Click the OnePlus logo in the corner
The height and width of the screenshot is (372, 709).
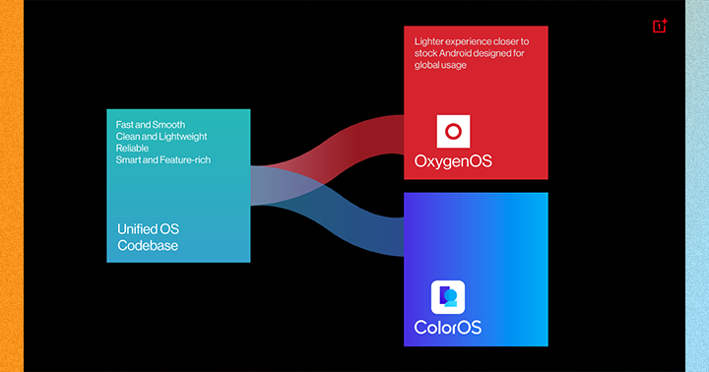pyautogui.click(x=660, y=26)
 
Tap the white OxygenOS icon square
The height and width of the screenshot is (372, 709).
pyautogui.click(x=453, y=131)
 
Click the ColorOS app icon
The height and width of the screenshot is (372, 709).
pyautogui.click(x=448, y=297)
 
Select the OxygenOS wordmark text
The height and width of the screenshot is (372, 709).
pyautogui.click(x=453, y=161)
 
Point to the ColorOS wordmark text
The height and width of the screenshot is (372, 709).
pyautogui.click(x=448, y=328)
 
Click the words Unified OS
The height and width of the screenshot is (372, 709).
pyautogui.click(x=148, y=229)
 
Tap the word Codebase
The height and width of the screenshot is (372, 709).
pyautogui.click(x=148, y=245)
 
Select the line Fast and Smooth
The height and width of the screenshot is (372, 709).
pyautogui.click(x=150, y=124)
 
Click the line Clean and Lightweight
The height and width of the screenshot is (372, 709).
pyautogui.click(x=161, y=136)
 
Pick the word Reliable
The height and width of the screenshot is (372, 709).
pyautogui.click(x=132, y=148)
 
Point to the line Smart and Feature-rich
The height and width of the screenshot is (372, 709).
pyautogui.click(x=162, y=159)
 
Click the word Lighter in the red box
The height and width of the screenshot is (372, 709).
pyautogui.click(x=428, y=41)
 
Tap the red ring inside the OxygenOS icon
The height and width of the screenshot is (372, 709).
pyautogui.click(x=453, y=132)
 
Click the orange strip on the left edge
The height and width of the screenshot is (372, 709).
pyautogui.click(x=12, y=186)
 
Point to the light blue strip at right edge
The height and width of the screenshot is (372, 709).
pyautogui.click(x=697, y=186)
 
